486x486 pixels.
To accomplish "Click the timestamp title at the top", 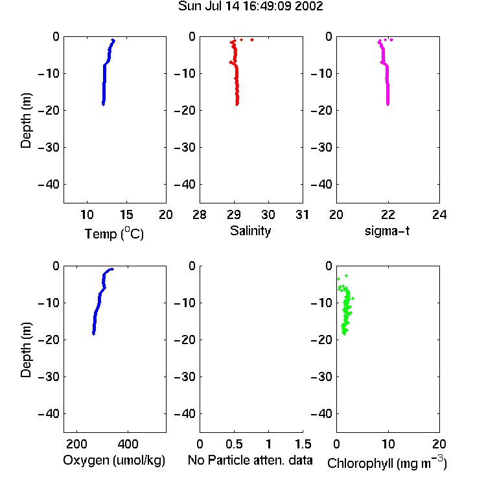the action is (250, 6).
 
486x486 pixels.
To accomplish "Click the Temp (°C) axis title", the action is (114, 233).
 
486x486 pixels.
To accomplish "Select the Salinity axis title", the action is (250, 231).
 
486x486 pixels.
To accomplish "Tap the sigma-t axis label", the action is (387, 231).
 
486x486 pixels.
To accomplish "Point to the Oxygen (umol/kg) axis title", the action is (114, 460).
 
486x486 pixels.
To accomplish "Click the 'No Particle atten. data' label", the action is (250, 460).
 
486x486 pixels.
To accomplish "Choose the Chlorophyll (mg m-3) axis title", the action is (387, 463).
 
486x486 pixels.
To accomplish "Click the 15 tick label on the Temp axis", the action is (126, 214).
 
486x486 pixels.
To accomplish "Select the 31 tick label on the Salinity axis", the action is (303, 214).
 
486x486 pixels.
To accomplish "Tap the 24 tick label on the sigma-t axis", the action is (439, 214).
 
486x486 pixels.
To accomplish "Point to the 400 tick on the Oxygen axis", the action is (128, 444).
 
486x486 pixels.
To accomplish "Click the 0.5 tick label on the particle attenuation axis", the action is (234, 444).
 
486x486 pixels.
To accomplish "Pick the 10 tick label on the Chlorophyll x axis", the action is (388, 444).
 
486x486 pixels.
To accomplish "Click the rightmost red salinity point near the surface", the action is (252, 40).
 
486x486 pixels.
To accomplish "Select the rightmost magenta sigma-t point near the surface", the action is (391, 40).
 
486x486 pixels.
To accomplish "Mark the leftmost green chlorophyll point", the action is (338, 279).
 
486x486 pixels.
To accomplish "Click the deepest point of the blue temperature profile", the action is (103, 104).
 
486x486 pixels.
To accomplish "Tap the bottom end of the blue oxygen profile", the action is (93, 334).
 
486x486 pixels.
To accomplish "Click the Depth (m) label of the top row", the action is (26, 121).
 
